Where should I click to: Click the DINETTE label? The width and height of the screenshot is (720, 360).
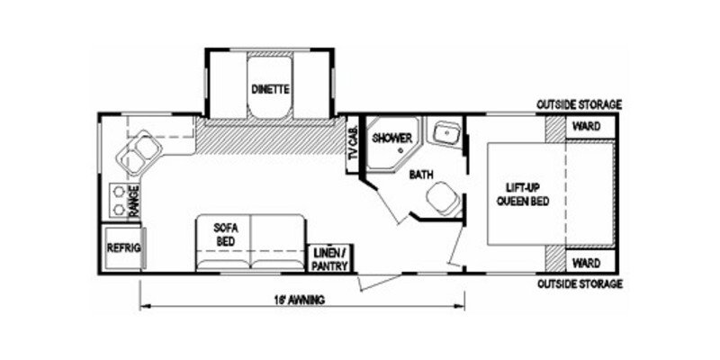pos(269,88)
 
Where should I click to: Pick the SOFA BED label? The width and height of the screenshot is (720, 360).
pos(225,234)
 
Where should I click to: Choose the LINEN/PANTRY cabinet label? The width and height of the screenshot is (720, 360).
pos(331,259)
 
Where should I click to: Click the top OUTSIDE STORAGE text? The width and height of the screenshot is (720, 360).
pos(580,105)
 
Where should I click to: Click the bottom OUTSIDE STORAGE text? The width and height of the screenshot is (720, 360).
pos(580,284)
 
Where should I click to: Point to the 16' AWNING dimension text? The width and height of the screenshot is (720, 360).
pos(295,299)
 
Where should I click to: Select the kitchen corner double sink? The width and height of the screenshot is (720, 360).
pos(136,153)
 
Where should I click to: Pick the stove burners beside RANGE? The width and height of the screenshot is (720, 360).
pos(117,200)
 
